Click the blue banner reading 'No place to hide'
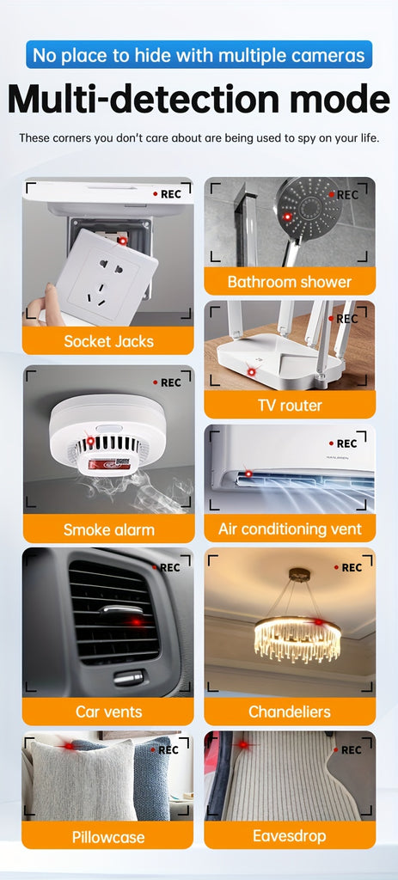[x=199, y=54]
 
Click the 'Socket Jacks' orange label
[x=107, y=340]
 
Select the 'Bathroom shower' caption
[x=290, y=281]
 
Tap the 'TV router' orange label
[x=290, y=405]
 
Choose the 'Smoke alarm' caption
[x=107, y=529]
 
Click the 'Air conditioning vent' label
[x=290, y=529]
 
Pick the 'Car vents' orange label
[x=107, y=712]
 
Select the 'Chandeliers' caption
[x=290, y=712]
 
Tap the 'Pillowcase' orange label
[x=107, y=837]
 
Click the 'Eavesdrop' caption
[x=290, y=835]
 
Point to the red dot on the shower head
[x=287, y=217]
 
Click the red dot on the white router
[x=252, y=371]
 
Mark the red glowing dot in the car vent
[x=135, y=622]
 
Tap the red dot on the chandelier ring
[x=318, y=621]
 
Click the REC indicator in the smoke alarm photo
[x=168, y=382]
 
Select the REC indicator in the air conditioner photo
[x=343, y=443]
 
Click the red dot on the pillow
[x=69, y=746]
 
